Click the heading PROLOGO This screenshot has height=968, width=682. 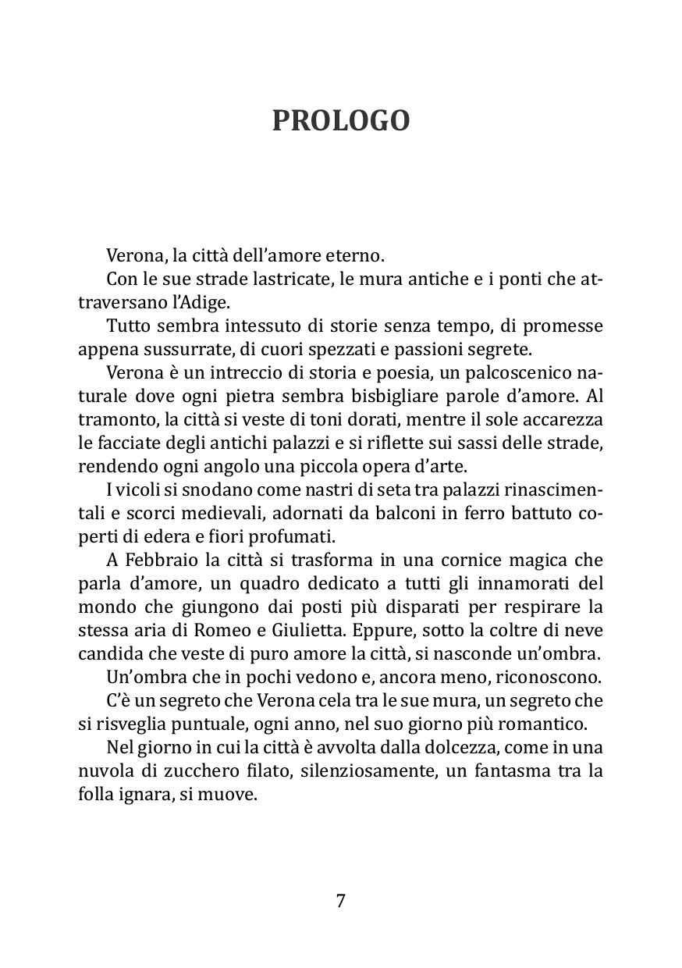(341, 121)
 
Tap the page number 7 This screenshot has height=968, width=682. (341, 901)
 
